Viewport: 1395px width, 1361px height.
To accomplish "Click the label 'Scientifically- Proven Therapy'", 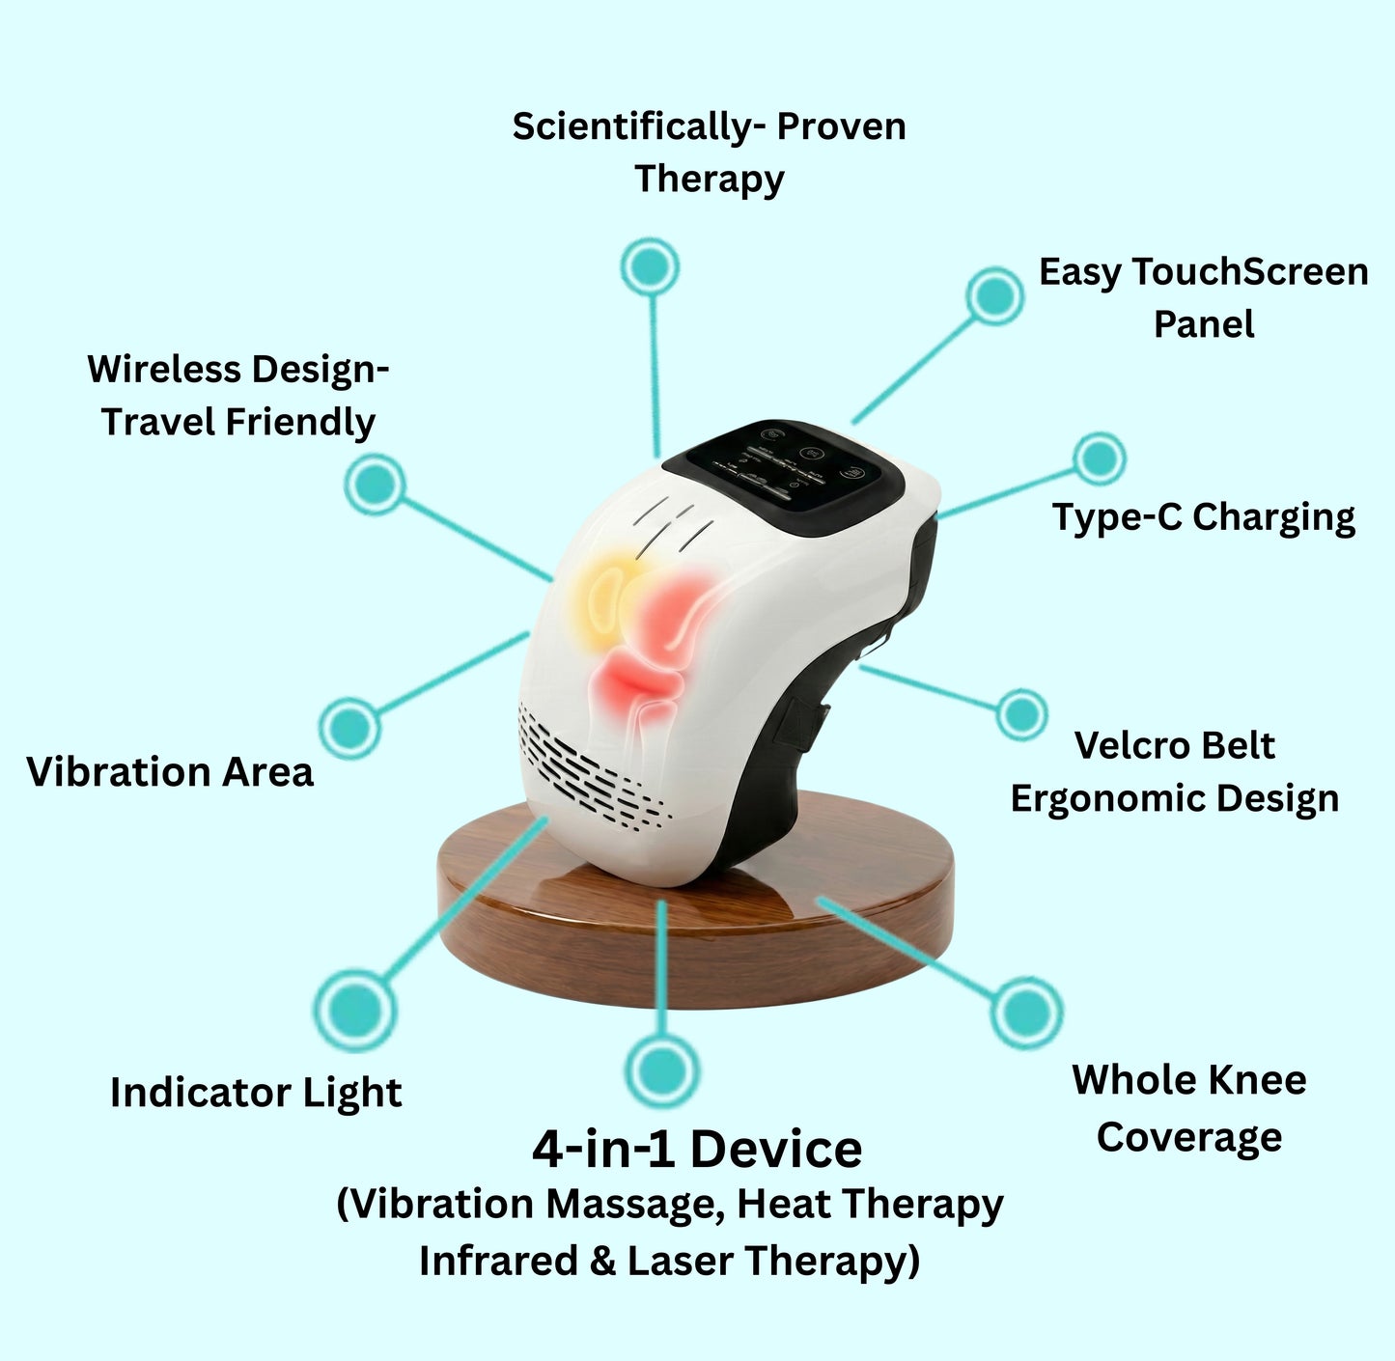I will (x=709, y=153).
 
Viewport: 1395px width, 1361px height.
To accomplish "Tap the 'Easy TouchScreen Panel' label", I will (x=1203, y=297).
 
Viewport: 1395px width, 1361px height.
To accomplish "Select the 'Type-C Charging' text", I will (x=1203, y=517).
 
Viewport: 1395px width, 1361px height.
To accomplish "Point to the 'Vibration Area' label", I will (x=170, y=772).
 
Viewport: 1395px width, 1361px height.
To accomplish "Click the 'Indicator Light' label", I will (x=256, y=1093).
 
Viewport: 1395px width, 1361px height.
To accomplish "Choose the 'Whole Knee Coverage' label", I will (x=1189, y=1108).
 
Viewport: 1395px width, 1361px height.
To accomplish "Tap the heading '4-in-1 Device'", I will (x=697, y=1149).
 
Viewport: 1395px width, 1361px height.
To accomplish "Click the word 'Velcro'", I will (x=1120, y=745).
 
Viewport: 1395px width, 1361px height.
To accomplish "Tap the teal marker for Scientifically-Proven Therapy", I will (x=650, y=265).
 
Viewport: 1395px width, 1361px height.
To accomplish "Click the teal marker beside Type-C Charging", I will (x=1099, y=458).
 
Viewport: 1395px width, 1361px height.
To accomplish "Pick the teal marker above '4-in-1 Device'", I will (x=661, y=1069).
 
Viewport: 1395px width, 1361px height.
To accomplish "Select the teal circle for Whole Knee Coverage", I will (x=1026, y=1012).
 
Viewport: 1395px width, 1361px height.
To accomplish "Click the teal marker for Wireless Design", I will (x=375, y=484).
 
